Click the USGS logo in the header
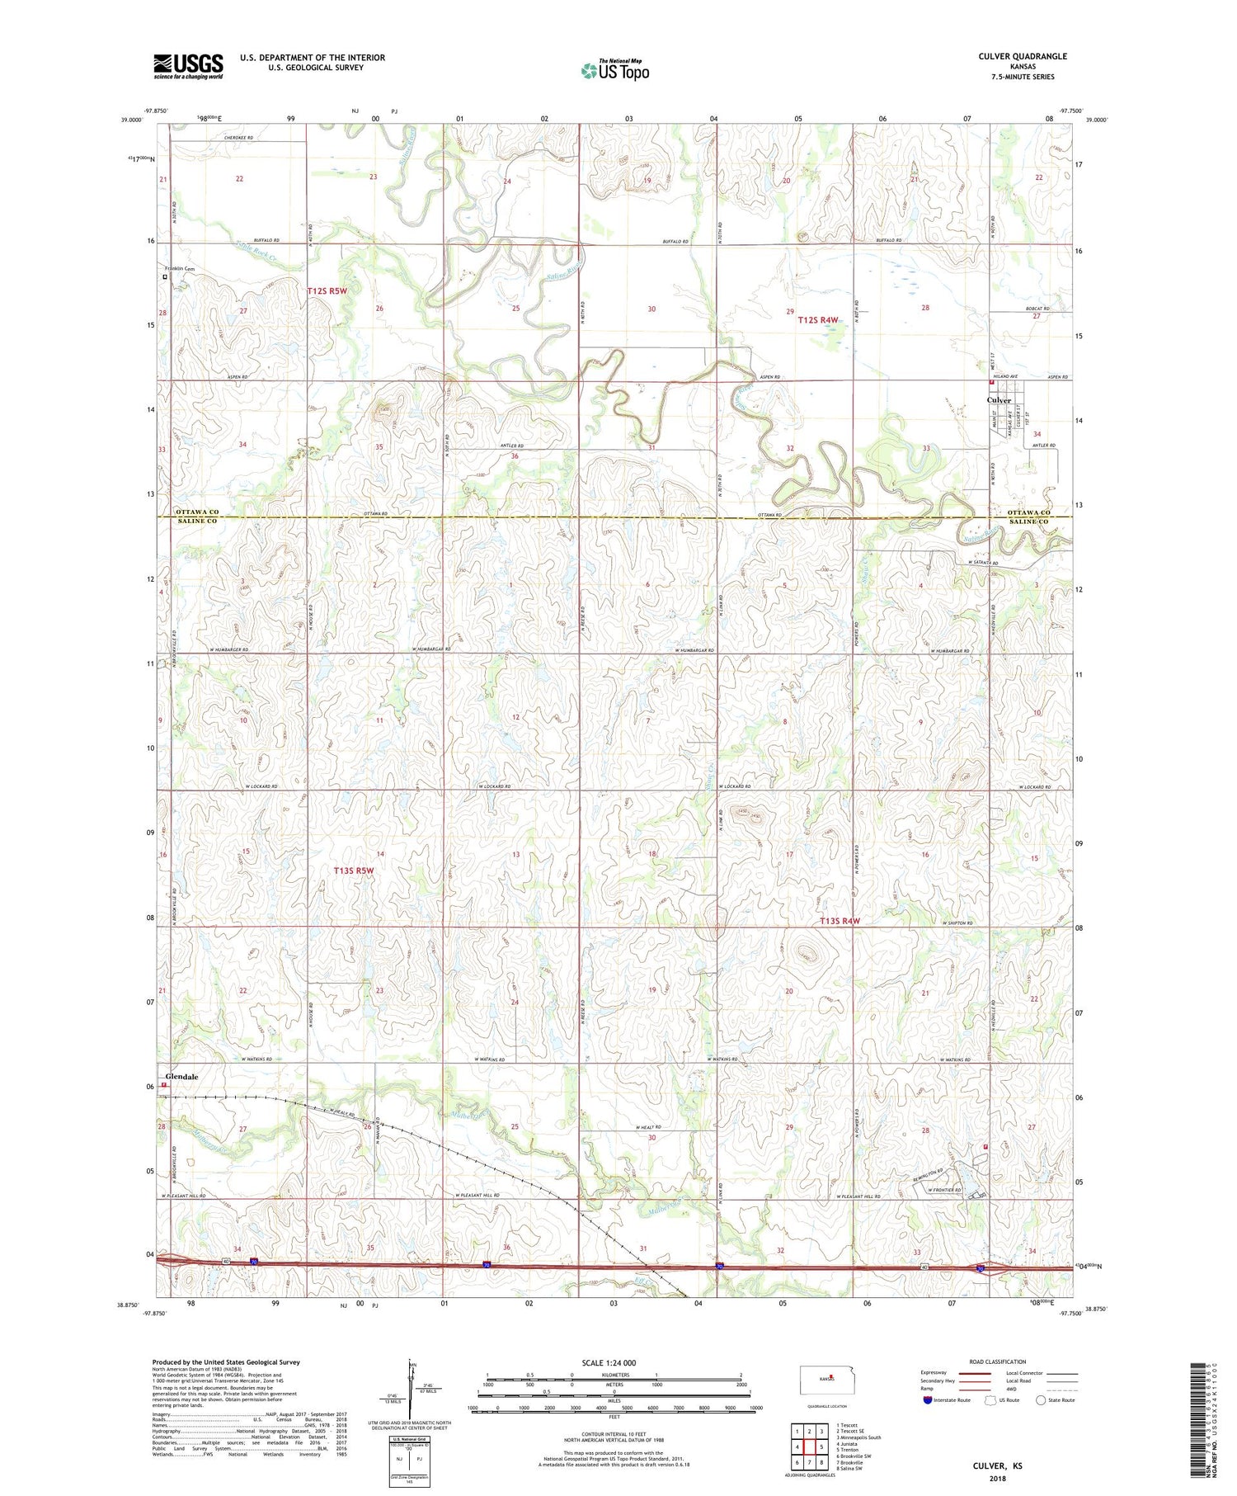pyautogui.click(x=188, y=66)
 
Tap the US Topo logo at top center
pyautogui.click(x=614, y=70)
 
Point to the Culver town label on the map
pyautogui.click(x=999, y=400)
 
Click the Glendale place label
pyautogui.click(x=181, y=1077)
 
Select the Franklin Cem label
pyautogui.click(x=179, y=269)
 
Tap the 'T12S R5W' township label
pyautogui.click(x=328, y=290)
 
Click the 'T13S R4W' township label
pyautogui.click(x=840, y=921)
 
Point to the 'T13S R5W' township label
pyautogui.click(x=354, y=871)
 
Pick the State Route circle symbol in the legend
pyautogui.click(x=1041, y=1399)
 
